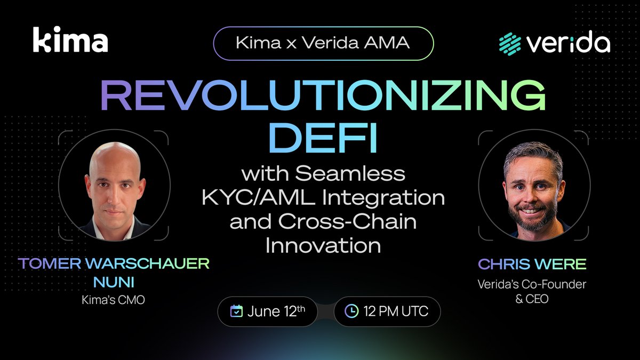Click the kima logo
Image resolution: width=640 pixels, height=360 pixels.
tap(70, 41)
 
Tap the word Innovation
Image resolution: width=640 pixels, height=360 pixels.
tap(323, 245)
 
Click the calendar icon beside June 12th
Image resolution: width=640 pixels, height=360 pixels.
tap(236, 311)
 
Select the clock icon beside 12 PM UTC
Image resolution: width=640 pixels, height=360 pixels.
tap(351, 311)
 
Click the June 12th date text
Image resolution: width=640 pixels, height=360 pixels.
tap(276, 311)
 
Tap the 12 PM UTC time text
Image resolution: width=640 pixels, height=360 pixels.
tap(396, 311)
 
